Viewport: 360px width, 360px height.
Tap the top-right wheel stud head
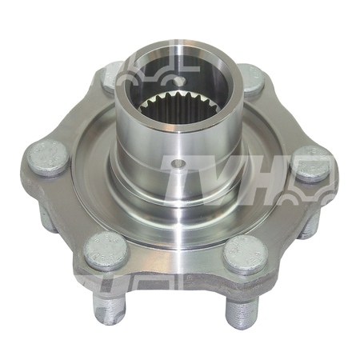coord(252,79)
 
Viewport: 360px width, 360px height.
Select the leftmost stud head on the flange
coord(49,158)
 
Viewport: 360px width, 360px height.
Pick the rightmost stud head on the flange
coord(310,164)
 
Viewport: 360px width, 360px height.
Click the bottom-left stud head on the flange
coord(106,250)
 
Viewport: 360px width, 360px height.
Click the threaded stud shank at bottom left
coord(110,310)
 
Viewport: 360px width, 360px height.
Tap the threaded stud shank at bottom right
coord(242,313)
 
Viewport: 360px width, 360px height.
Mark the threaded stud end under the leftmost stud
coord(46,216)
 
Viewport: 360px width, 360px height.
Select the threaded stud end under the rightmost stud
coord(310,224)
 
